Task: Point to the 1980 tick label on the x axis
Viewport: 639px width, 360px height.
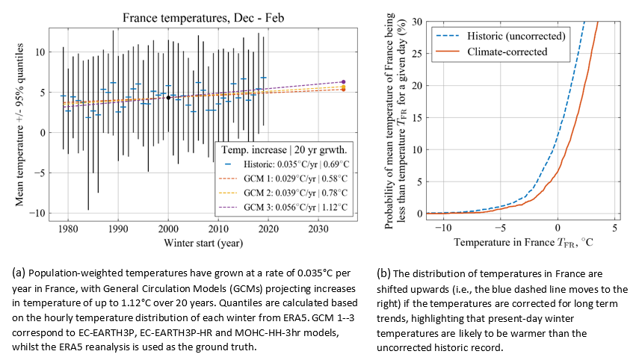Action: click(x=68, y=228)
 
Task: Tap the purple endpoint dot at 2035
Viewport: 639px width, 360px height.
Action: click(x=343, y=81)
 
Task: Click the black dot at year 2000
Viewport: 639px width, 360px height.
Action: click(x=168, y=97)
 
